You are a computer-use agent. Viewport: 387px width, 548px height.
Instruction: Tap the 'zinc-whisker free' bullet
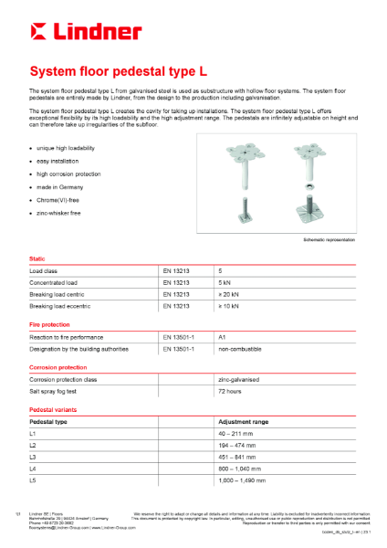pyautogui.click(x=58, y=211)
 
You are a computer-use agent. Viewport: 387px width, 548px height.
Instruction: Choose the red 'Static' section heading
pyautogui.click(x=39, y=259)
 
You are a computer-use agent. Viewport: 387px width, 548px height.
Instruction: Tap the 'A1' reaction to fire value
pyautogui.click(x=223, y=337)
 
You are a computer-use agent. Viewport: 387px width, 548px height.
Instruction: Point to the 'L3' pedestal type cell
pyautogui.click(x=34, y=456)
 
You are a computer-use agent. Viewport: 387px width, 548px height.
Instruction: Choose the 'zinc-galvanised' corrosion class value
pyautogui.click(x=239, y=379)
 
